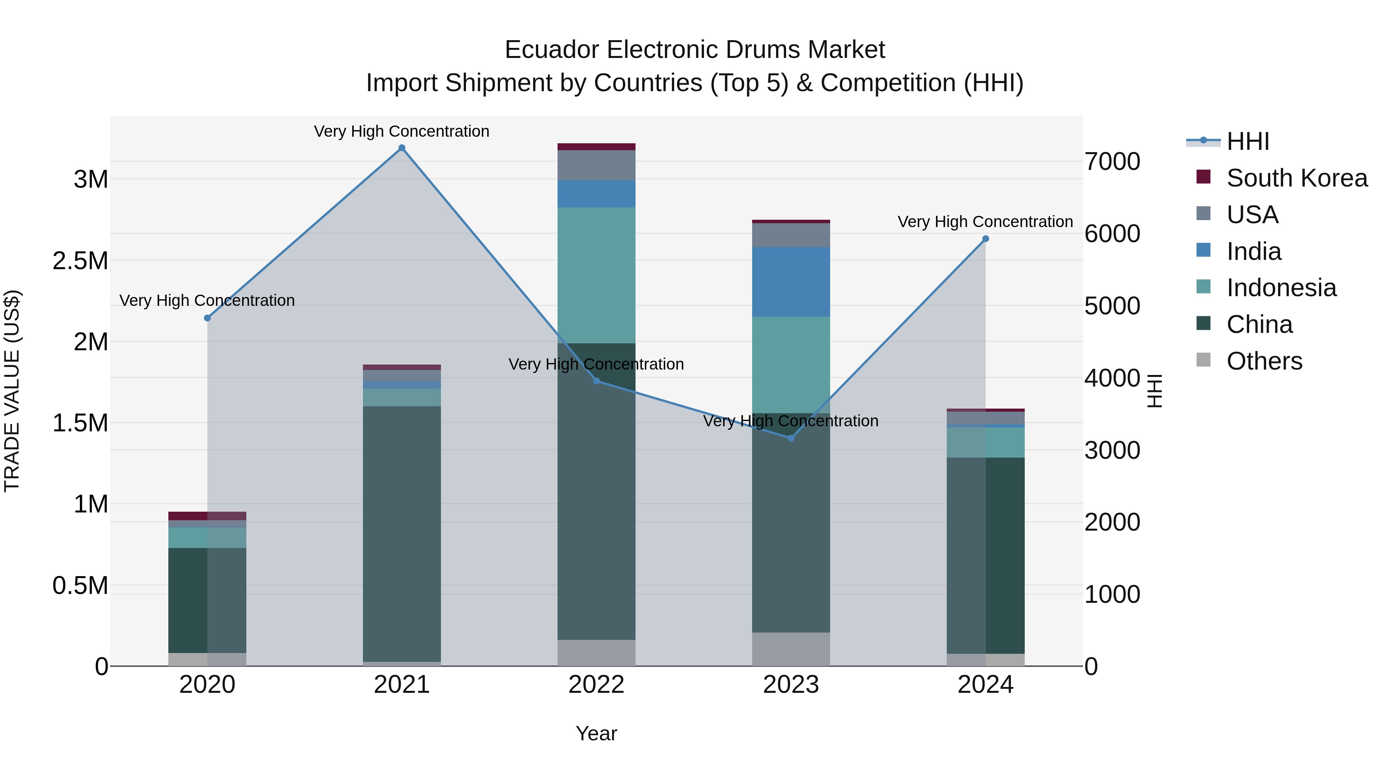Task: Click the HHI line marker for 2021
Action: [x=402, y=148]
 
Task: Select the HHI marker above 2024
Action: [x=985, y=239]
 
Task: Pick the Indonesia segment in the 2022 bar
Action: [x=596, y=275]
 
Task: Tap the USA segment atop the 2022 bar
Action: [x=596, y=165]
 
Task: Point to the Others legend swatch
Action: [x=1203, y=360]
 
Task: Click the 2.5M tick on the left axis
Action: [x=80, y=261]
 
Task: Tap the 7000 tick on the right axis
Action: [x=1112, y=161]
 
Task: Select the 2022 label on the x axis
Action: [x=596, y=685]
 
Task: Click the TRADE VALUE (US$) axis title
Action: [x=12, y=391]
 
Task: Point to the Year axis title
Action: [x=596, y=733]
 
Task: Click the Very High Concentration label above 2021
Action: [x=402, y=131]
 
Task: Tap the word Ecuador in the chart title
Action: [x=551, y=50]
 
